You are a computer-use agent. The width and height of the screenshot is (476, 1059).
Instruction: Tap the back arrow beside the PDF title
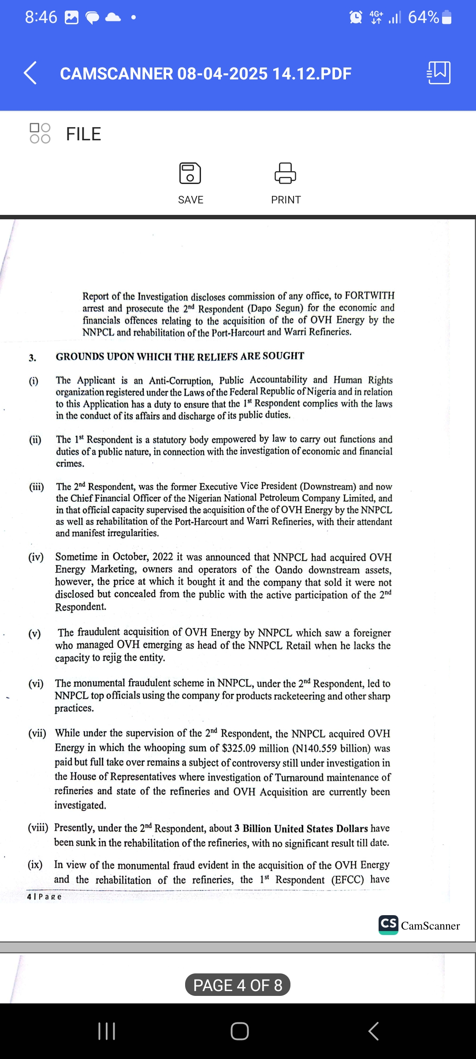coord(30,73)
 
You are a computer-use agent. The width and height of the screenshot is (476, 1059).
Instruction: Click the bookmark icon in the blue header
coord(439,73)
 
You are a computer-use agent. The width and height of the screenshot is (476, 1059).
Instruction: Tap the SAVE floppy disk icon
coord(190,173)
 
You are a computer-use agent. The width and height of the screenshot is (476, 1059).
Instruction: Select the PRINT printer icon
coord(286,173)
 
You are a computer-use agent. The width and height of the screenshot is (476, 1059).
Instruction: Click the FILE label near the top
coord(83,134)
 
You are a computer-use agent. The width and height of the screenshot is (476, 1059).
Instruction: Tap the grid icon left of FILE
coord(40,133)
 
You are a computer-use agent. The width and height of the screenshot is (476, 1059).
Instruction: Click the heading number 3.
coord(33,358)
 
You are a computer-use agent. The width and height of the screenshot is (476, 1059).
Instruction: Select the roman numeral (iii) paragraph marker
coord(37,487)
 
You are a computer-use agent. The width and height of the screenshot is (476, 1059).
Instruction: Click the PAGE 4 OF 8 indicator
coord(238,985)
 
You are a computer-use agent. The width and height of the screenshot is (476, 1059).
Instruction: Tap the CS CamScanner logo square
coord(388,924)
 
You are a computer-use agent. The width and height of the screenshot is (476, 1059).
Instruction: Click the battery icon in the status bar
coord(446,18)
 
